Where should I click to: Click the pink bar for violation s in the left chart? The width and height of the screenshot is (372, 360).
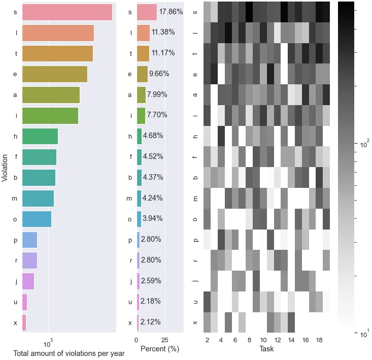tap(67, 12)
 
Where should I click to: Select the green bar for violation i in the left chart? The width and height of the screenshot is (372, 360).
tap(50, 115)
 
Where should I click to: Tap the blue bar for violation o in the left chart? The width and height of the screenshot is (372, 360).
tap(37, 219)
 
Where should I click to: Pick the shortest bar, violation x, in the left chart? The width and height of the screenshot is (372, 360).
tap(24, 322)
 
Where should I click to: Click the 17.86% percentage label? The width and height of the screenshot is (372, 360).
tap(171, 12)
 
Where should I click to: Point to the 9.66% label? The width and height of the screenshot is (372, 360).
tap(159, 74)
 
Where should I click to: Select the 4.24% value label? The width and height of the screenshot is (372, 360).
tap(152, 198)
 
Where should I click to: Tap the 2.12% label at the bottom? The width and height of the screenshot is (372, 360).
tap(151, 322)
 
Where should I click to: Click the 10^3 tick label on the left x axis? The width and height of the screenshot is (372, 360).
tap(49, 340)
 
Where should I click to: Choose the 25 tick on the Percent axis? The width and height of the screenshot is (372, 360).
tap(165, 340)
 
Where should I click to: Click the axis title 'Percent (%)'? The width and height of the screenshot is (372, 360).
tap(159, 349)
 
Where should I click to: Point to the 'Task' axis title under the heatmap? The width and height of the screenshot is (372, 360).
tap(266, 349)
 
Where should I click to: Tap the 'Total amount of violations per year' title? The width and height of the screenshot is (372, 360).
tap(69, 353)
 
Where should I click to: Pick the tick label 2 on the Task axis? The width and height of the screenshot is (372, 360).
tap(207, 340)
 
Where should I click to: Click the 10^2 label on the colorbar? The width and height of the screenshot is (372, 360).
tap(364, 146)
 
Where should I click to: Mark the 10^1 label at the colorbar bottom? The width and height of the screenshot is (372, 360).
tap(364, 334)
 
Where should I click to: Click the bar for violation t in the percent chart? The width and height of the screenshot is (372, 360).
tap(143, 53)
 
